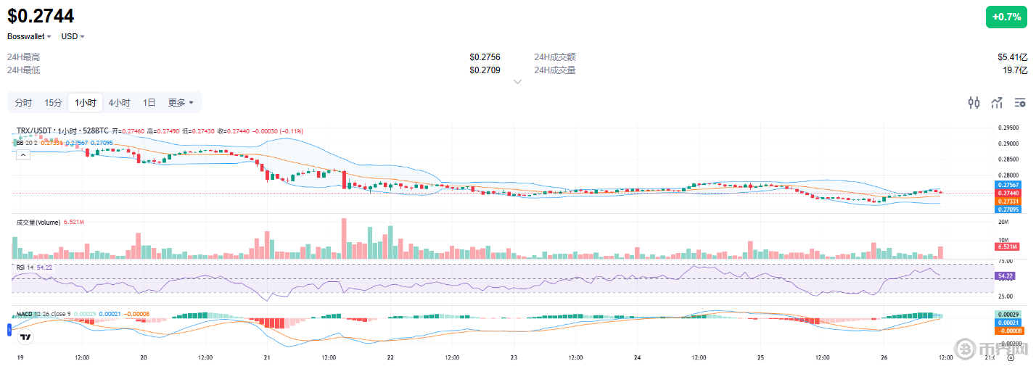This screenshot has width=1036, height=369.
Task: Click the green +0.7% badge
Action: tap(1006, 17)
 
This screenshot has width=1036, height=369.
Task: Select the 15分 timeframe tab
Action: tap(53, 102)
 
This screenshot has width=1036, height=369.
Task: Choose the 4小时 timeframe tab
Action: tap(120, 102)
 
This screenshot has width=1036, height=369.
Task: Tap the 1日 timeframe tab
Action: tap(149, 102)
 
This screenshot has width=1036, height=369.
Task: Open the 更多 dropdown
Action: tap(181, 102)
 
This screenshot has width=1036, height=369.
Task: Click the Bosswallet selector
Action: tap(29, 36)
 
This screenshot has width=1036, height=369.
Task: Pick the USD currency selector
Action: tap(73, 36)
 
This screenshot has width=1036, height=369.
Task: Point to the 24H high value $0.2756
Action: tap(485, 57)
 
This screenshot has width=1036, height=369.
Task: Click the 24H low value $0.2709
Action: tap(485, 70)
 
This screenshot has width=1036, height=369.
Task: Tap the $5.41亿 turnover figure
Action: tap(1012, 57)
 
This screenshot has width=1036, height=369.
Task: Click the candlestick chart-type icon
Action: tap(974, 102)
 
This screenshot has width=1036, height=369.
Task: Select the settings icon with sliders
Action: tap(1021, 102)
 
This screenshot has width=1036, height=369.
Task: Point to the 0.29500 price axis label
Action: tap(1009, 128)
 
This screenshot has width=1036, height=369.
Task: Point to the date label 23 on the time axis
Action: tap(514, 357)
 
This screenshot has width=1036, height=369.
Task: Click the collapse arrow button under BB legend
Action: tap(22, 154)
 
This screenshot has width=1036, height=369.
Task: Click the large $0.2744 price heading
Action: tap(41, 16)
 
